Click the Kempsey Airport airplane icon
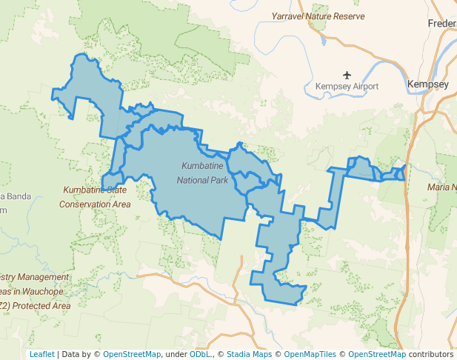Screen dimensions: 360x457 click(347, 74)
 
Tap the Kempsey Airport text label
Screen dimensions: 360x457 click(347, 87)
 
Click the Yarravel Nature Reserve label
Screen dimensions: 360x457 click(318, 16)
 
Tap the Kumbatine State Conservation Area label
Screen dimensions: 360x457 click(95, 197)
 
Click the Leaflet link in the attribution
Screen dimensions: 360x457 click(41, 354)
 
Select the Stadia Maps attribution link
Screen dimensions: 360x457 click(249, 354)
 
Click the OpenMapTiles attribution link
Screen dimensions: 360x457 click(310, 354)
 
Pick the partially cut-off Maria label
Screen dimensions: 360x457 click(441, 187)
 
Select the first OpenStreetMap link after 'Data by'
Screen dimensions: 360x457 click(132, 354)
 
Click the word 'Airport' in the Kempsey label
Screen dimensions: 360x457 click(362, 87)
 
